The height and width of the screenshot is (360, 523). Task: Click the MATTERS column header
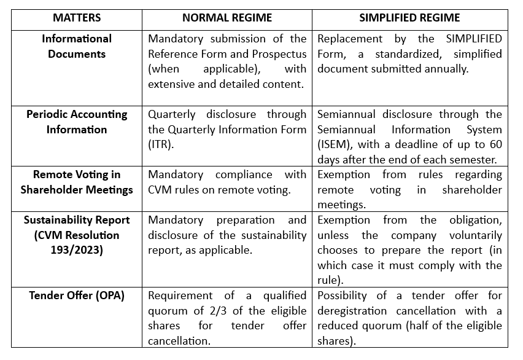click(x=77, y=18)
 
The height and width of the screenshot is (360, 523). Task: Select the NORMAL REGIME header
click(x=227, y=18)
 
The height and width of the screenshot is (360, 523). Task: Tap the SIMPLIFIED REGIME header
click(x=409, y=18)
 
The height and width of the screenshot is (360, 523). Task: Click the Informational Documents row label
click(x=77, y=46)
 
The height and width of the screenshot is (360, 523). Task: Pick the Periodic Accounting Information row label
click(x=77, y=122)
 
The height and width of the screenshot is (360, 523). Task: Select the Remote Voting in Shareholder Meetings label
click(x=77, y=182)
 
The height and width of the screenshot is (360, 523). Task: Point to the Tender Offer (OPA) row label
click(x=77, y=295)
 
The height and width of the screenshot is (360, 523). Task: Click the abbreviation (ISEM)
click(x=334, y=144)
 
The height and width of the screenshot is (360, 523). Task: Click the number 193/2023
click(x=77, y=249)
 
